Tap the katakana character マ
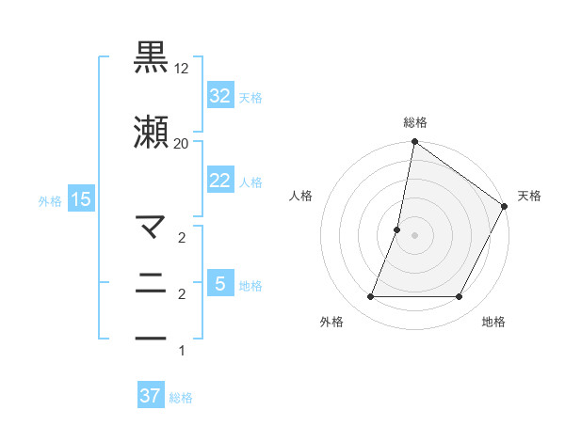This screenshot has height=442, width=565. pyautogui.click(x=152, y=226)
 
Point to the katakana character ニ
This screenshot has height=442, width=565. pyautogui.click(x=152, y=281)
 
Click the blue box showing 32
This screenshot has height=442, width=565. pyautogui.click(x=219, y=95)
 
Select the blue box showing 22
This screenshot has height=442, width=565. pyautogui.click(x=219, y=181)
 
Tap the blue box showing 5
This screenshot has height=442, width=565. pyautogui.click(x=219, y=283)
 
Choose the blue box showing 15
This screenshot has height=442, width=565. pyautogui.click(x=80, y=198)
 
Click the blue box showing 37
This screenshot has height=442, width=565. pyautogui.click(x=150, y=396)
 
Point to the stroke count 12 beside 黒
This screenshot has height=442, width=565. pyautogui.click(x=182, y=69)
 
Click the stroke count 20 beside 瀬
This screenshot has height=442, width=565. pyautogui.click(x=182, y=143)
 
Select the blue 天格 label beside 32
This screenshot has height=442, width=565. pyautogui.click(x=250, y=97)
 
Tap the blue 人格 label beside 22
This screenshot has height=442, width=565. pyautogui.click(x=250, y=182)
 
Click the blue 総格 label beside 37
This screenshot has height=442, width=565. pyautogui.click(x=181, y=398)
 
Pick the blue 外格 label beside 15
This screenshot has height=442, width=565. pyautogui.click(x=50, y=200)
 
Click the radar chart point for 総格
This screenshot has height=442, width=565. pyautogui.click(x=414, y=143)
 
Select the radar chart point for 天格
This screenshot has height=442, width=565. pyautogui.click(x=505, y=207)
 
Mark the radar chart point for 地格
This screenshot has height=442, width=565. pyautogui.click(x=460, y=297)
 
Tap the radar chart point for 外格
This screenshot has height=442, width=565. pyautogui.click(x=370, y=297)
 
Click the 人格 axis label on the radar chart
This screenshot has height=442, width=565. pyautogui.click(x=300, y=196)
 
